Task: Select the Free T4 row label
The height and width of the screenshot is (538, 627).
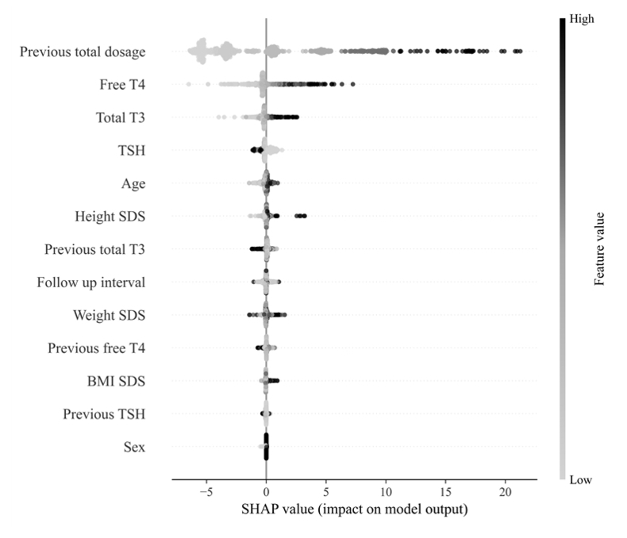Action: tap(122, 85)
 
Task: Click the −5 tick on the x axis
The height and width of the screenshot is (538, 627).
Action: tap(205, 492)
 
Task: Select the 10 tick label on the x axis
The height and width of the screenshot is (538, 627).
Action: tap(385, 492)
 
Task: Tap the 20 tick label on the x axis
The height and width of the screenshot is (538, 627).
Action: tap(505, 492)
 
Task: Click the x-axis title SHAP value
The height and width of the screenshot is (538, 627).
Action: tap(354, 510)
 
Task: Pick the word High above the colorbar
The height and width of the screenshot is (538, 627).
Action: tap(582, 20)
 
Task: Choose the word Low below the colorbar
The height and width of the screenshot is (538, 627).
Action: tap(581, 480)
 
